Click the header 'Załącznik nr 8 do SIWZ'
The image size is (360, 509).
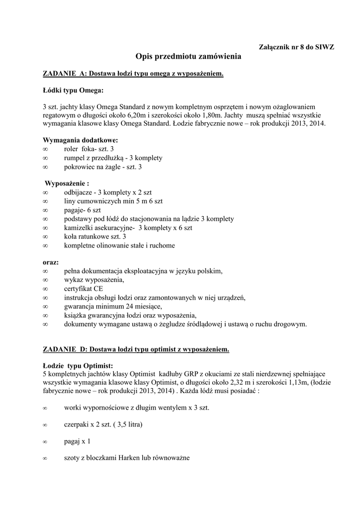(x=297, y=47)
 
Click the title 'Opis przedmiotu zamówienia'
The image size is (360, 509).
(x=188, y=57)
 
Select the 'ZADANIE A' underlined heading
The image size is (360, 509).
(x=133, y=74)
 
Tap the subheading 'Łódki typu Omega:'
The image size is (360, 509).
(x=74, y=90)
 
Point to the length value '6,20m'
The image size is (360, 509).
(x=162, y=115)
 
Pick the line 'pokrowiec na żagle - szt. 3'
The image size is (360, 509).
(x=103, y=167)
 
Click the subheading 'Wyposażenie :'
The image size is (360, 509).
(x=67, y=183)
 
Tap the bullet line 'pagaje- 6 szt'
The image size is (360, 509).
(x=82, y=210)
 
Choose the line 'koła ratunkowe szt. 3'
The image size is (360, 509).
(x=95, y=237)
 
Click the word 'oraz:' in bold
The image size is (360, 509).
(x=51, y=262)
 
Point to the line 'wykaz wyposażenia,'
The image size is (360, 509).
(x=92, y=279)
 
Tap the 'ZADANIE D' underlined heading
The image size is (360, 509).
(x=136, y=349)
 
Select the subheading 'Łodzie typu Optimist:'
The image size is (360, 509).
(x=78, y=365)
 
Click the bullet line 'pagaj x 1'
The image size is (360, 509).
(x=78, y=441)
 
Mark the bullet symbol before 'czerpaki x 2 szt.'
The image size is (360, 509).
(x=45, y=425)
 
